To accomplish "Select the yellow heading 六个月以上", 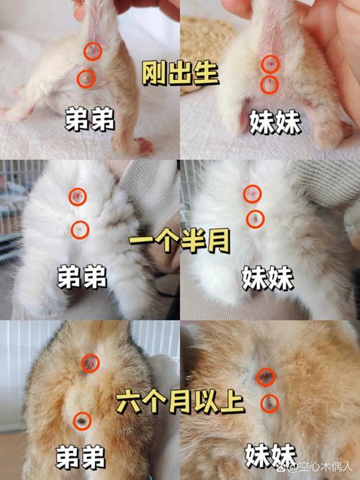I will point(179,402).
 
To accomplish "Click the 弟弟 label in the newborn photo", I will point(90,120).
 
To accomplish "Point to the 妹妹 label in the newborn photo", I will point(275,120).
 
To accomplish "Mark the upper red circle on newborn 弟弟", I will point(92,51).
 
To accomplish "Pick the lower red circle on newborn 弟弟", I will point(86,78).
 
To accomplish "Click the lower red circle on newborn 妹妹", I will point(269,84).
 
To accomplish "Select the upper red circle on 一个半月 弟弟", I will point(78,196).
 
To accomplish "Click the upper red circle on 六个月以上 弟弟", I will point(91,364).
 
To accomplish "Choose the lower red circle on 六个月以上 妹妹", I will point(269,402).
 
